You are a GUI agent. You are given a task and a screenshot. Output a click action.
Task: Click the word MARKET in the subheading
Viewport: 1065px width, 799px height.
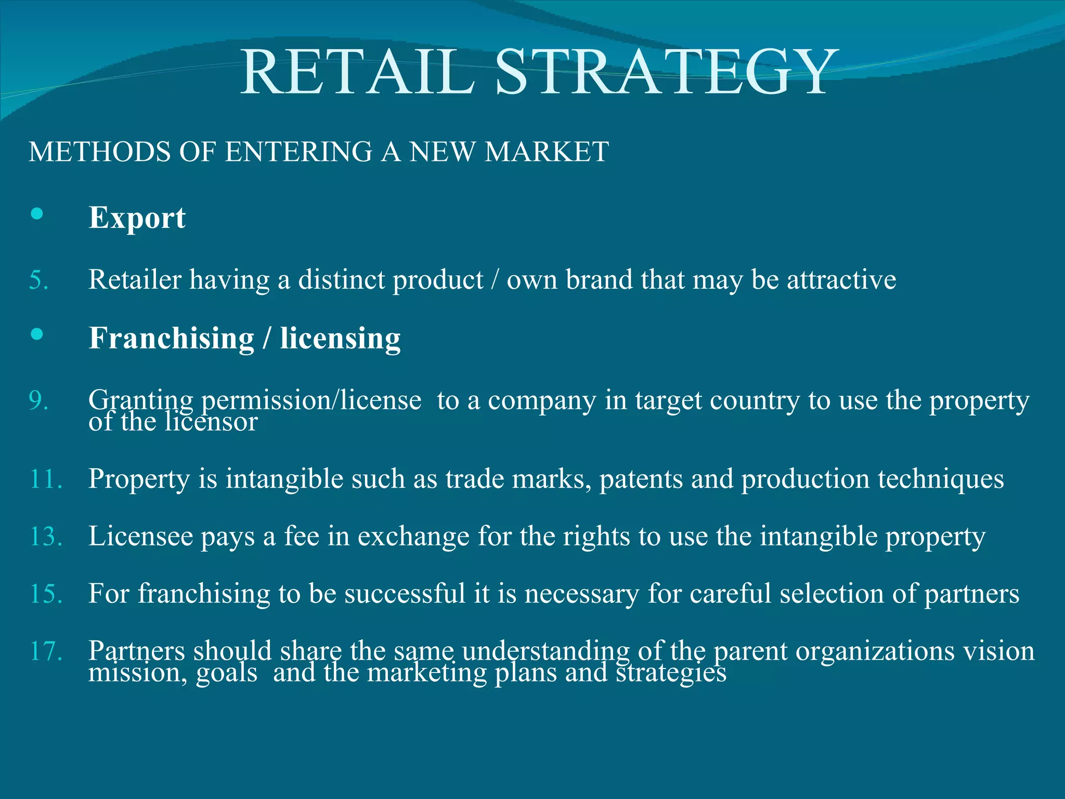pyautogui.click(x=547, y=152)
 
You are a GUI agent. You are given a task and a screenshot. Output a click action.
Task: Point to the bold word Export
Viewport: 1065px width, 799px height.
pyautogui.click(x=137, y=217)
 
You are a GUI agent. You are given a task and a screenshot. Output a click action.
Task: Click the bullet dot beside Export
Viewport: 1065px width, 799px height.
pyautogui.click(x=37, y=213)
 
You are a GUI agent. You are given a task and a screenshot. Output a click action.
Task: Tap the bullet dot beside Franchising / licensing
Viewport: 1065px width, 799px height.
pyautogui.click(x=37, y=334)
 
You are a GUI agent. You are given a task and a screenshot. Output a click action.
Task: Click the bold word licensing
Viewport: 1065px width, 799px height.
pyautogui.click(x=340, y=338)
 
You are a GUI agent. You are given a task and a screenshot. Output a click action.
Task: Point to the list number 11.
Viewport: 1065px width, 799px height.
pyautogui.click(x=46, y=479)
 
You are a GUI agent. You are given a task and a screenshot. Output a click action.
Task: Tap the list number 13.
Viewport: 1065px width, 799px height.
pyautogui.click(x=46, y=536)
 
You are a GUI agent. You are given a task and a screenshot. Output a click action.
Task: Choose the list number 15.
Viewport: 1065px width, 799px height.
pyautogui.click(x=46, y=594)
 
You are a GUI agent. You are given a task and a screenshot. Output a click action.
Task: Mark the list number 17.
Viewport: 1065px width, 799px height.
pyautogui.click(x=46, y=651)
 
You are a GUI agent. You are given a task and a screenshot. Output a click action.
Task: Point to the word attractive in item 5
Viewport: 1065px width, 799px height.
pyautogui.click(x=841, y=280)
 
